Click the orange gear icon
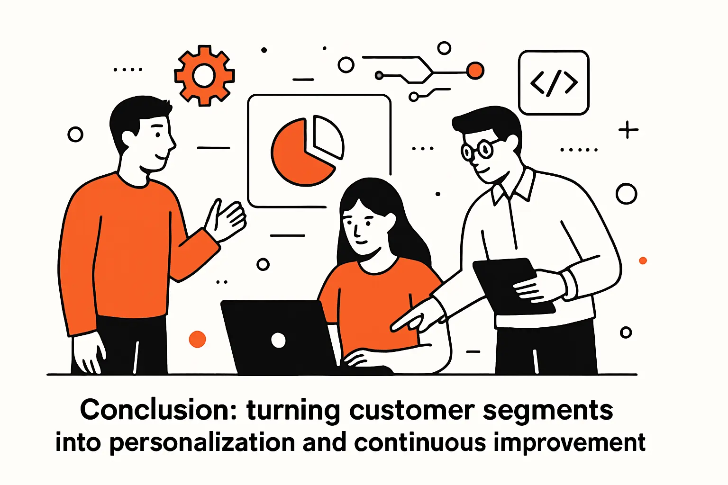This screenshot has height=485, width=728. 204,76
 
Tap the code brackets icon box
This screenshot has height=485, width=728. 554,82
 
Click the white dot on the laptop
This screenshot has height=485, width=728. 278,340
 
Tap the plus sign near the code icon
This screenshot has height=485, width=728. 628,129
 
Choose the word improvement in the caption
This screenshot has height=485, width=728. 569,443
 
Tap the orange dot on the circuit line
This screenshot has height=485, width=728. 475,71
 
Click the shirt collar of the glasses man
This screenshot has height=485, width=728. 514,187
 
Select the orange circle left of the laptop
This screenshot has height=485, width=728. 197,339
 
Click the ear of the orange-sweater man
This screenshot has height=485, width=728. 127,138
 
